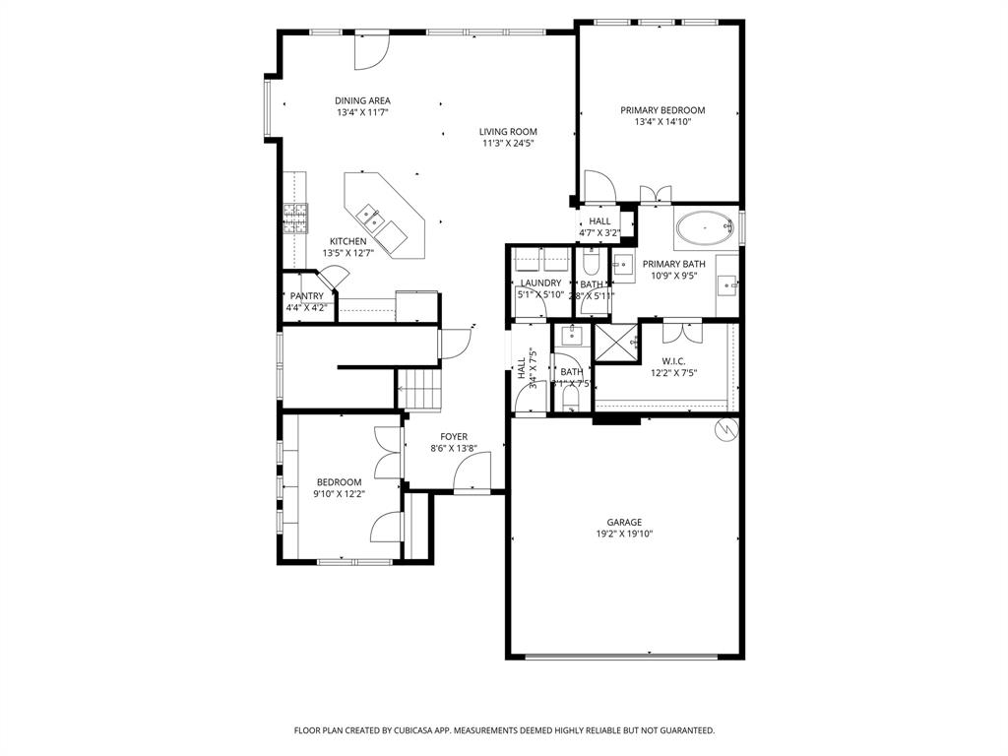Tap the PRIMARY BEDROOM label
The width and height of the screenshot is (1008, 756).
[x=662, y=110]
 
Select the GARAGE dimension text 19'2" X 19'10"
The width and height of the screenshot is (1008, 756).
[x=624, y=535]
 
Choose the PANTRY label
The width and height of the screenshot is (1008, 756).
[x=306, y=296]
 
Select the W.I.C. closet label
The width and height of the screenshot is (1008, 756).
[x=673, y=361]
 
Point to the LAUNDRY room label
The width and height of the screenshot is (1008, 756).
[x=540, y=283]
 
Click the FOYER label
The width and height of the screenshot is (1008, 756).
[x=454, y=436]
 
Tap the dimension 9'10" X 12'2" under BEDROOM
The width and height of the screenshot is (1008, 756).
[x=339, y=494]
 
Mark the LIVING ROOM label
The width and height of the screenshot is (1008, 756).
[x=508, y=132]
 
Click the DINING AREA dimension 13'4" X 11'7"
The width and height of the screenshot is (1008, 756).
[x=362, y=113]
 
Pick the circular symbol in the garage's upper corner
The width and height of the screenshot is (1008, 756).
[x=725, y=429]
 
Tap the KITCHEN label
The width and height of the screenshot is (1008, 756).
[x=347, y=241]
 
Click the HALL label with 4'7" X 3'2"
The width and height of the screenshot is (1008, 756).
[x=599, y=221]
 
